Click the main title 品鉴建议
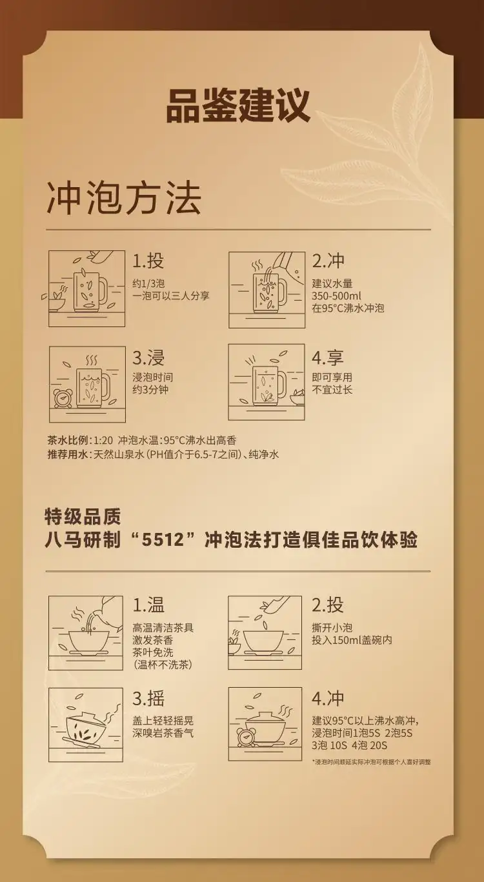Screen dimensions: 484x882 pos(238,106)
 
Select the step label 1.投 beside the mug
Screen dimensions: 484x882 pos(148,261)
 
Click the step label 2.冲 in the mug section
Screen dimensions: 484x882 pos(328,261)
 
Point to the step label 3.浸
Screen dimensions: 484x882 pos(148,357)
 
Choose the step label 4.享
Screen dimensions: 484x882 pos(328,357)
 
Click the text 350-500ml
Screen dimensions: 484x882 pos(336,296)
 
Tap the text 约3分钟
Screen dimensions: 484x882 pos(150,390)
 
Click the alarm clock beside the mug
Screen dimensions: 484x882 pos(62,398)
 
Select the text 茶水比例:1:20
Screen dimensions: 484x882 pos(80,440)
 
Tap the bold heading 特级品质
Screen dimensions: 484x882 pos(83,517)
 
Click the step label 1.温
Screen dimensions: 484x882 pos(148,605)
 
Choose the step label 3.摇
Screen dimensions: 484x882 pos(148,698)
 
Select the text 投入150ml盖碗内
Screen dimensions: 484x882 pos(352,640)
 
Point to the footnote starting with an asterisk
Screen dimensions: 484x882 pos(371,762)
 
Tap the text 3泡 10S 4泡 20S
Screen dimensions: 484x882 pos(349,745)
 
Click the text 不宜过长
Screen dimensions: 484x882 pos(332,390)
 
